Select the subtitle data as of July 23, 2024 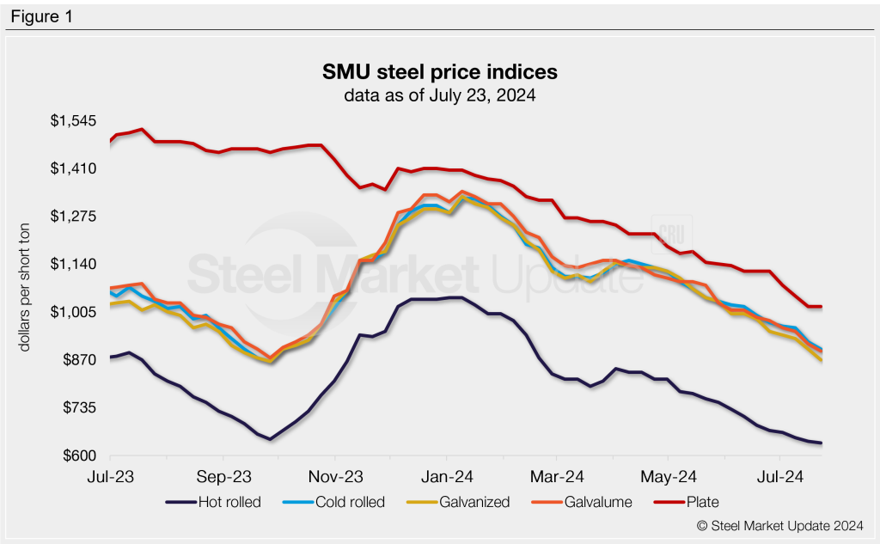[x=439, y=95]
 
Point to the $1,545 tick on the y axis [x=70, y=120]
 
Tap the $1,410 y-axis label [x=70, y=168]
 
